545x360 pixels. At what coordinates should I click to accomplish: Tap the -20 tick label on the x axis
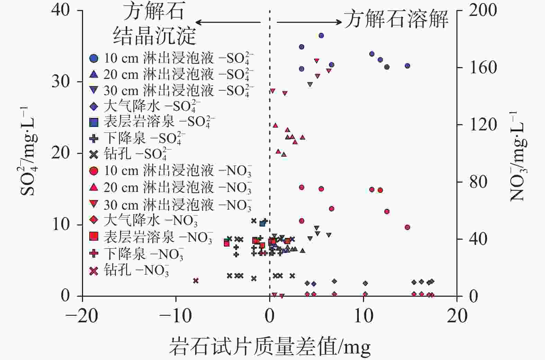pyautogui.click(x=82, y=316)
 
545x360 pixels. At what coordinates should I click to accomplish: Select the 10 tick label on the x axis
pyautogui.click(x=363, y=316)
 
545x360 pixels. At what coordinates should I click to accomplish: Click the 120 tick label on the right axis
pyautogui.click(x=483, y=124)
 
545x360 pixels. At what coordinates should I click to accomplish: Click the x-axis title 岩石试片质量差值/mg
pyautogui.click(x=270, y=347)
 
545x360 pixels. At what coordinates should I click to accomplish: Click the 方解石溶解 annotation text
pyautogui.click(x=396, y=19)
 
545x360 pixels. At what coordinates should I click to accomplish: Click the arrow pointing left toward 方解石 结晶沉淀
pyautogui.click(x=228, y=22)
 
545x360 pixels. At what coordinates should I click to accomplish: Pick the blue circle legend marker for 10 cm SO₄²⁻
pyautogui.click(x=94, y=58)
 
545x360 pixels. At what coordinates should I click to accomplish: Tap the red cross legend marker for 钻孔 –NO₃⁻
pyautogui.click(x=94, y=271)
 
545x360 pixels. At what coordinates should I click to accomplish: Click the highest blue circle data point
pyautogui.click(x=321, y=35)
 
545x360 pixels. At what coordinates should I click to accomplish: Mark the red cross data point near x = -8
pyautogui.click(x=196, y=280)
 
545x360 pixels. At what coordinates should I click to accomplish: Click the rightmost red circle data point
pyautogui.click(x=407, y=227)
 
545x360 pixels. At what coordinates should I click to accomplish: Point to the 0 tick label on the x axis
pyautogui.click(x=270, y=316)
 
